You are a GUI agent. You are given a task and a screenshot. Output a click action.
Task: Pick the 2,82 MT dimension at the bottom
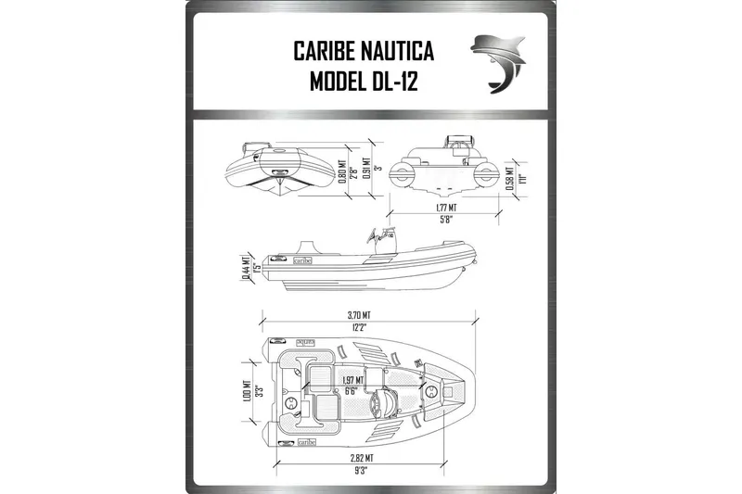click(x=363, y=457)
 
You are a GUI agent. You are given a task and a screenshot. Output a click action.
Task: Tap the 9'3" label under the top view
click(x=363, y=470)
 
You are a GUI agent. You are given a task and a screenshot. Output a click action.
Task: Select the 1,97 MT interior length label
click(x=352, y=380)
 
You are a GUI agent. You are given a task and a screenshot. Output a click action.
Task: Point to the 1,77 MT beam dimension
click(x=450, y=209)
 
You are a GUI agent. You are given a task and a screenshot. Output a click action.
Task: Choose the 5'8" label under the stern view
click(x=450, y=221)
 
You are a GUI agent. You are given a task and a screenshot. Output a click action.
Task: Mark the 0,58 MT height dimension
click(x=512, y=175)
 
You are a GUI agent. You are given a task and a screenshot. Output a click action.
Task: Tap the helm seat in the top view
click(x=379, y=405)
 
